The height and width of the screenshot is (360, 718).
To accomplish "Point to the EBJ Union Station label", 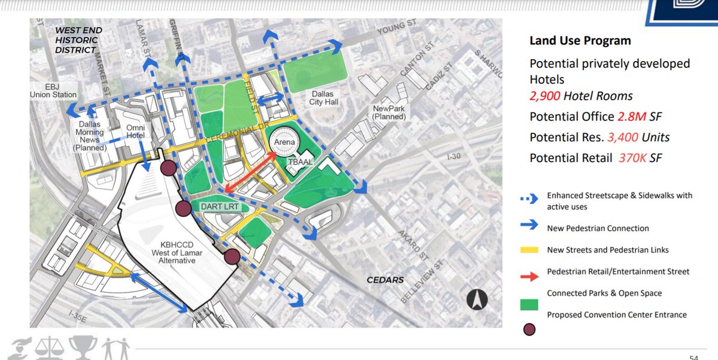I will tap(54, 90).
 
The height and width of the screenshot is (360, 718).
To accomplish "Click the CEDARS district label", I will tap(385, 280).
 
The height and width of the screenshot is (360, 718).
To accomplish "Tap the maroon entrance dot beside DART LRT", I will tap(184, 209).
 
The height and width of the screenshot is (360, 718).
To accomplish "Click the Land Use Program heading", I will tap(580, 41).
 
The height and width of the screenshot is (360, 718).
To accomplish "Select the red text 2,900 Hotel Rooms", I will tap(581, 96).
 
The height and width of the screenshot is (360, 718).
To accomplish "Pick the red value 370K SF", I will tap(640, 158).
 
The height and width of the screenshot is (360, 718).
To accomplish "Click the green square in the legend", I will tap(530, 304).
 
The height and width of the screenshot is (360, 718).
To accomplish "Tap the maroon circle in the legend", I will tap(530, 328).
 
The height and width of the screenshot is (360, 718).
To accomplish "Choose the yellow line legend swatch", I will tap(530, 250).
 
